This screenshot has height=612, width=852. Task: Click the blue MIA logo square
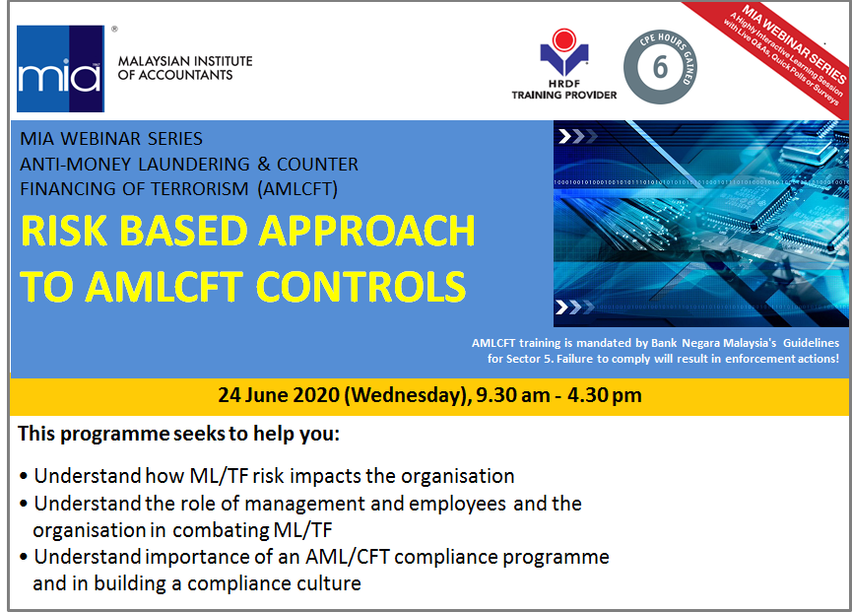60,68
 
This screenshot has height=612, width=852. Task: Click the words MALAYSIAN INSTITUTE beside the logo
185,61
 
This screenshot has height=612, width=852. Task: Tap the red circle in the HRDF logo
564,39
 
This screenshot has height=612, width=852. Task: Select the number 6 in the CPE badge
660,67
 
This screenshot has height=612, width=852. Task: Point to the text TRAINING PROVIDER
564,96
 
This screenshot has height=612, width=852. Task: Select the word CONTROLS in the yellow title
360,287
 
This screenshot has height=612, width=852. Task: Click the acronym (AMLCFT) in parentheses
297,189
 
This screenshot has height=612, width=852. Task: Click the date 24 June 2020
279,394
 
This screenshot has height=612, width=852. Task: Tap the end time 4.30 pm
604,395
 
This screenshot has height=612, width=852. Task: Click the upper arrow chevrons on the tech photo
578,136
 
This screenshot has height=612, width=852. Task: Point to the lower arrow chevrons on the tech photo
575,307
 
